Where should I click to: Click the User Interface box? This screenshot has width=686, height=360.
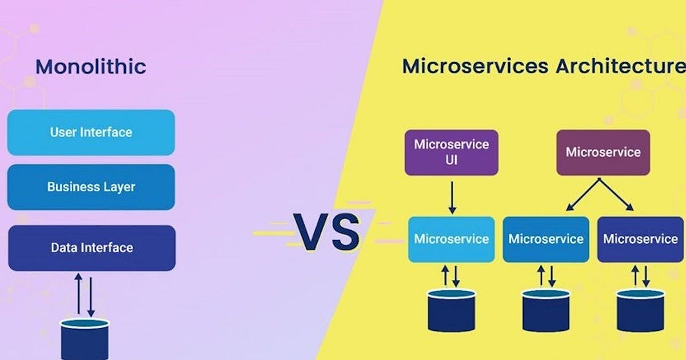pyautogui.click(x=91, y=133)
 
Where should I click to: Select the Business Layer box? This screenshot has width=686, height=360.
pyautogui.click(x=91, y=187)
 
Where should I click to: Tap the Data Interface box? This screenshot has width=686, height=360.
pyautogui.click(x=91, y=248)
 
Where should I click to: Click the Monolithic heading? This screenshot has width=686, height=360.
pyautogui.click(x=91, y=67)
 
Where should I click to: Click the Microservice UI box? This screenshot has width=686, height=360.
pyautogui.click(x=451, y=152)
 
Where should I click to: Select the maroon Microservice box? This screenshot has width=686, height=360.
pyautogui.click(x=603, y=152)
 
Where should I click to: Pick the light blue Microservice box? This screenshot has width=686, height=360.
pyautogui.click(x=451, y=239)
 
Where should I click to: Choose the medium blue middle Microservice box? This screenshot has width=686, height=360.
pyautogui.click(x=546, y=239)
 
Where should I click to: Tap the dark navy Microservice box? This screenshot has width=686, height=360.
pyautogui.click(x=640, y=239)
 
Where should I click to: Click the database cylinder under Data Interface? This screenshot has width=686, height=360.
pyautogui.click(x=85, y=339)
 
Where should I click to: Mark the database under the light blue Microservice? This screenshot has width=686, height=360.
pyautogui.click(x=451, y=310)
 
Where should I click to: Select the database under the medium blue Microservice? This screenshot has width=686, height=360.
pyautogui.click(x=546, y=310)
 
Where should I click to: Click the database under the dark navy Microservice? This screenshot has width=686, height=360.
pyautogui.click(x=640, y=310)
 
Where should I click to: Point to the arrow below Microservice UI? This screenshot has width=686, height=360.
pyautogui.click(x=452, y=197)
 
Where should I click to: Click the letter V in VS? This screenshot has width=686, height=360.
pyautogui.click(x=312, y=233)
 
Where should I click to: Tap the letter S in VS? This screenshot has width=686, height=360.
pyautogui.click(x=345, y=233)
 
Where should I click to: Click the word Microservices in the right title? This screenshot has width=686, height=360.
pyautogui.click(x=474, y=66)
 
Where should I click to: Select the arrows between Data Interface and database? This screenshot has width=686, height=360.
pyautogui.click(x=85, y=295)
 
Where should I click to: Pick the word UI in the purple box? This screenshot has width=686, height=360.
pyautogui.click(x=451, y=161)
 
